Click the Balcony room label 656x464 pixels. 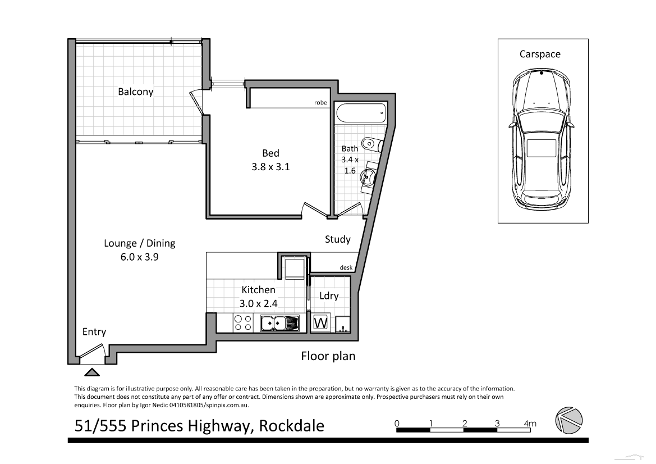pos(135,92)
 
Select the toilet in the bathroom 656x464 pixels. pos(370,144)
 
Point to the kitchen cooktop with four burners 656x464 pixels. pos(242,323)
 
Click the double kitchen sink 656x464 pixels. pos(279,323)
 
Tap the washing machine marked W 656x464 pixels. pos(320,323)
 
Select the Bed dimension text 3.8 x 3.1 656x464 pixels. pos(270,166)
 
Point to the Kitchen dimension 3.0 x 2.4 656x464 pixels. pos(258,303)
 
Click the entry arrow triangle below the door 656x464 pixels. pos(90,372)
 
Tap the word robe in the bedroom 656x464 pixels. pos(320,103)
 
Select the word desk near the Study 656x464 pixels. pos(346,267)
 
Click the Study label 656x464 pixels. pos(337,239)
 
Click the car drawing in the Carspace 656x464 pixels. pos(542,140)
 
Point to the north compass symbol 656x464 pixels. pos(568,420)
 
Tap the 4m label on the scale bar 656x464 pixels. pos(530,423)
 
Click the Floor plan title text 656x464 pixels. pos(328,356)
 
